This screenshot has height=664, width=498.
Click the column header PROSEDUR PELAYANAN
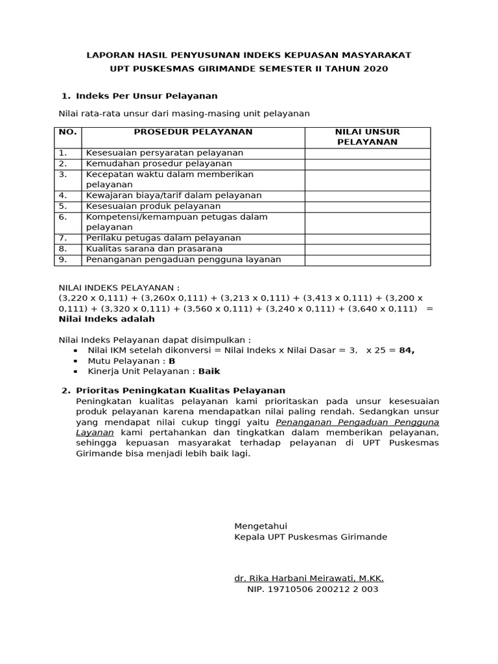coord(193,132)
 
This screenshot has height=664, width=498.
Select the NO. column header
coord(67,132)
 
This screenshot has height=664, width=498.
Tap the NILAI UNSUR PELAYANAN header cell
coord(367,137)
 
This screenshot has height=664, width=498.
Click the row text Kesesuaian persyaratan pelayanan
coord(165,153)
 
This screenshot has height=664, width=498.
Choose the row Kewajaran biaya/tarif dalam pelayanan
coord(174,195)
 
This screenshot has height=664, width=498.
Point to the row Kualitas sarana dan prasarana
coord(154,249)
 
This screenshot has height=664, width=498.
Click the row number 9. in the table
coord(63,259)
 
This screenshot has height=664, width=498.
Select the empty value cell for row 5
coord(367,206)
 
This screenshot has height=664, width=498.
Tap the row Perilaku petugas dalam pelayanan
coord(163,238)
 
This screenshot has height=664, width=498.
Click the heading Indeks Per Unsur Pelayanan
coord(147,96)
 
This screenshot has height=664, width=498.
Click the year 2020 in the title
coord(376,69)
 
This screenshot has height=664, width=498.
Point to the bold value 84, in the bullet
coord(407,350)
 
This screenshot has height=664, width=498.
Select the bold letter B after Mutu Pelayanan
coord(172,361)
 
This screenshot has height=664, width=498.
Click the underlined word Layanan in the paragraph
coord(95,431)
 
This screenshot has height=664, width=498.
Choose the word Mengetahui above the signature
coord(261,526)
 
